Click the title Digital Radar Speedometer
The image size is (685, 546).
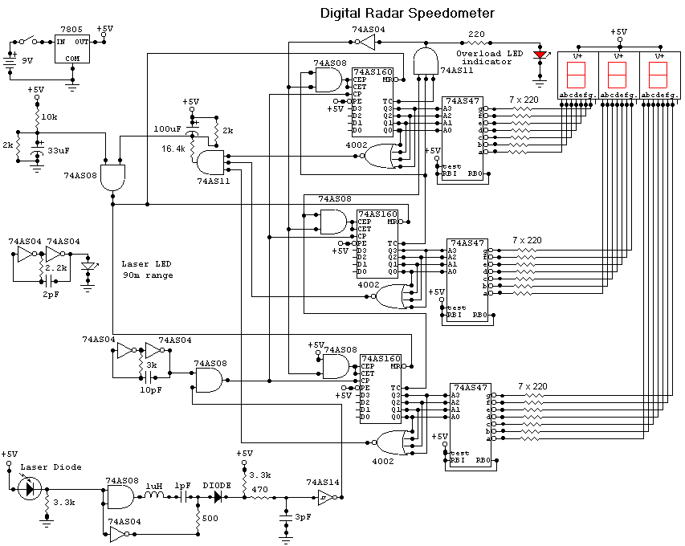click(x=407, y=13)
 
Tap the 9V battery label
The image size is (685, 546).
click(x=27, y=61)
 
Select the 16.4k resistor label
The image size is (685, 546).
click(x=173, y=149)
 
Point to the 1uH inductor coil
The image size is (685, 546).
click(x=153, y=497)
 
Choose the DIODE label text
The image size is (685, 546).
click(x=216, y=485)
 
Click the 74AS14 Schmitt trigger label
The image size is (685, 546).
click(x=322, y=483)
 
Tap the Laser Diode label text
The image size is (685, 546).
click(x=51, y=467)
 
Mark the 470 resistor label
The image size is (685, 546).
click(x=260, y=489)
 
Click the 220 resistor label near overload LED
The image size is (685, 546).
click(x=477, y=35)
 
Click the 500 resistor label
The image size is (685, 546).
click(x=210, y=518)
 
